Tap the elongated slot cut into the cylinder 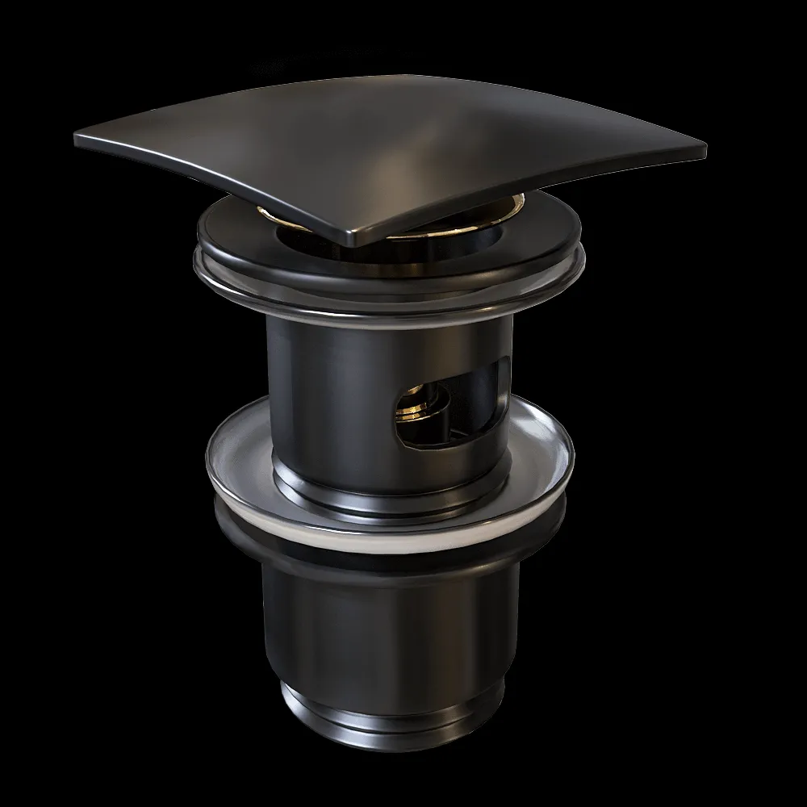(x=452, y=399)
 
